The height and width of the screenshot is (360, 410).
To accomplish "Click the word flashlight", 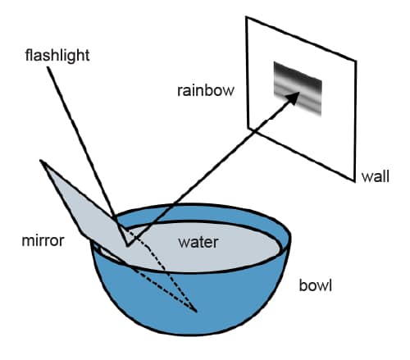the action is [x=57, y=56].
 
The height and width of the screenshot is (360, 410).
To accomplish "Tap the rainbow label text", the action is [x=206, y=90].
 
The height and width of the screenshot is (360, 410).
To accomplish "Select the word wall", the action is [x=376, y=176].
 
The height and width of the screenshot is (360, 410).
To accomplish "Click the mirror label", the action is [x=43, y=241].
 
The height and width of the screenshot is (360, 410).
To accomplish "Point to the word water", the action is [x=198, y=243].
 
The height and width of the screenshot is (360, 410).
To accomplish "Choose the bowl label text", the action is [x=316, y=285].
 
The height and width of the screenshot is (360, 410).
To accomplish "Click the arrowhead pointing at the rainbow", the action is [x=293, y=98].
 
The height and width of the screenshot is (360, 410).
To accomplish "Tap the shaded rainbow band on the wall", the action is [x=298, y=89].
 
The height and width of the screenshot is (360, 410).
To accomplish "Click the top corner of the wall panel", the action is [x=246, y=17].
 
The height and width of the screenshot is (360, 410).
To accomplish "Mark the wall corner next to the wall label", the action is [x=354, y=181].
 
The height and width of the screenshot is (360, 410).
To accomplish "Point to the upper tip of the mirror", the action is [x=41, y=161].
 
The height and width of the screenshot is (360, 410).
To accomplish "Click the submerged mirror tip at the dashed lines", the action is [x=196, y=312].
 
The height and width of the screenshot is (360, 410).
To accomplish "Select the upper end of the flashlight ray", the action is [x=48, y=67].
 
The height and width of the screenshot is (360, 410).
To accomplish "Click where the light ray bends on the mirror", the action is [x=127, y=245].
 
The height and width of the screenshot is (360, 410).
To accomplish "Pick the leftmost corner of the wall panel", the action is [x=248, y=128].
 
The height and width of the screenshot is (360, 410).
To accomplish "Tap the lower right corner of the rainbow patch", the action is [x=321, y=116].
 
